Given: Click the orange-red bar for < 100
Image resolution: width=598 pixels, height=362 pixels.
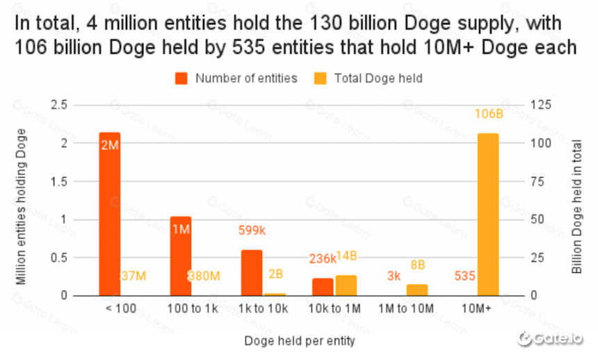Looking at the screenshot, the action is [x=110, y=214].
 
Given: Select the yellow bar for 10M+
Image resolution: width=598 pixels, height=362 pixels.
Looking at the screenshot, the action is [x=488, y=214].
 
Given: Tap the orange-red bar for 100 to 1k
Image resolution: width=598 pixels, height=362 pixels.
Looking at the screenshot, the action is [x=181, y=256].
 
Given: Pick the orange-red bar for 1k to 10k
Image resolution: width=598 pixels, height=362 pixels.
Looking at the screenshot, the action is [x=252, y=273].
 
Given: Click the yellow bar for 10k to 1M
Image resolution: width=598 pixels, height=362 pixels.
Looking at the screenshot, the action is [x=346, y=285].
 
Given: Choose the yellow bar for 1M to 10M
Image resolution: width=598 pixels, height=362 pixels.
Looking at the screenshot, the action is [x=417, y=290].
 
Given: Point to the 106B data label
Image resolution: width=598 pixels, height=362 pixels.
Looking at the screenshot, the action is [x=489, y=113].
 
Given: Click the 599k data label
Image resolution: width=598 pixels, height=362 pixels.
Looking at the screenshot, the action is [x=252, y=230].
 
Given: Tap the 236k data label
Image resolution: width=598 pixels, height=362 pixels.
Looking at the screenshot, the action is [x=323, y=259].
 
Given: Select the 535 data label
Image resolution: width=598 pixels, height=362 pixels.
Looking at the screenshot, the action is [x=465, y=276].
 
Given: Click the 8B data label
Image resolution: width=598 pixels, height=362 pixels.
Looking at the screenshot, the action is [x=418, y=265].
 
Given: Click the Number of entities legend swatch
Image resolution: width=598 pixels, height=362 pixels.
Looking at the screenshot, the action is [x=181, y=78].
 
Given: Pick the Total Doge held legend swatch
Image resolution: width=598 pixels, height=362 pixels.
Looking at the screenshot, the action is [x=321, y=78].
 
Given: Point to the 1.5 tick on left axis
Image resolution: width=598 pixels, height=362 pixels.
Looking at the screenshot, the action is [x=59, y=182].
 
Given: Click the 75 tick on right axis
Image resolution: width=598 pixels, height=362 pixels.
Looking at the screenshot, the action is [x=537, y=182].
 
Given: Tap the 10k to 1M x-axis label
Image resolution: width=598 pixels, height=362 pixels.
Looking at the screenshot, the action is [x=334, y=308].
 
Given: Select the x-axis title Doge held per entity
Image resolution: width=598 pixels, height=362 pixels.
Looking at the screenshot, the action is [x=300, y=341].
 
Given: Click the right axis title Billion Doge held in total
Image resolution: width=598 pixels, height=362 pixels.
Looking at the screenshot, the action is [x=576, y=207].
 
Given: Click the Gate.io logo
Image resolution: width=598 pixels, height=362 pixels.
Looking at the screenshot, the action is [x=550, y=338].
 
